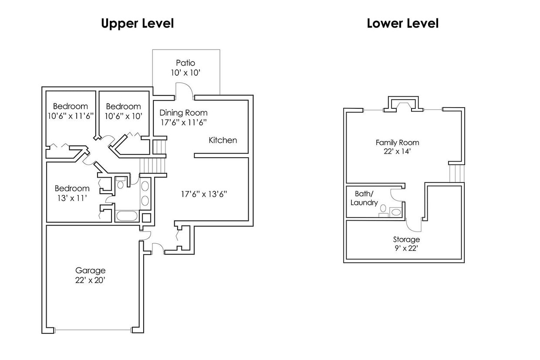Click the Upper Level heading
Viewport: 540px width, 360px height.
click(x=137, y=24)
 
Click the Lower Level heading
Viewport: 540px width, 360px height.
click(x=402, y=24)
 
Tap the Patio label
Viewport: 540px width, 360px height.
click(x=186, y=63)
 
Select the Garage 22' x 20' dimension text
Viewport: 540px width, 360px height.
click(x=90, y=280)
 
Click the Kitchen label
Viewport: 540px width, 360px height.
click(x=223, y=140)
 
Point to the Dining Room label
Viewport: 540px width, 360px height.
click(x=183, y=113)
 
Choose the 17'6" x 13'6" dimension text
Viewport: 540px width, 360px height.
click(x=204, y=194)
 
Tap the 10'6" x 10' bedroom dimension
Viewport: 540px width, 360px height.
click(x=123, y=116)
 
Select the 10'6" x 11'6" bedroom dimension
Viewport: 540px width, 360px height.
click(x=71, y=116)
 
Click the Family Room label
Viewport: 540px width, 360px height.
click(x=397, y=142)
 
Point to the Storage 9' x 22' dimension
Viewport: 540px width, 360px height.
click(x=406, y=249)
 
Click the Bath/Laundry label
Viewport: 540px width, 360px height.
click(x=364, y=198)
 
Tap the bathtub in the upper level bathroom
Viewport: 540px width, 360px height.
click(x=127, y=216)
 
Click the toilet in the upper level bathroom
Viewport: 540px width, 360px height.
click(x=121, y=183)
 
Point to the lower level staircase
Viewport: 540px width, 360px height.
click(x=456, y=173)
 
